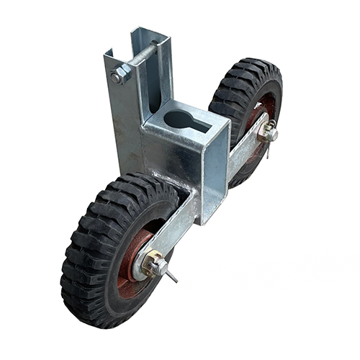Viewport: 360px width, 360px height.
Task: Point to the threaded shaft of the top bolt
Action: pos(144,56)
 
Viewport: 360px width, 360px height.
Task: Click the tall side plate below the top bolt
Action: pos(124,122)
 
